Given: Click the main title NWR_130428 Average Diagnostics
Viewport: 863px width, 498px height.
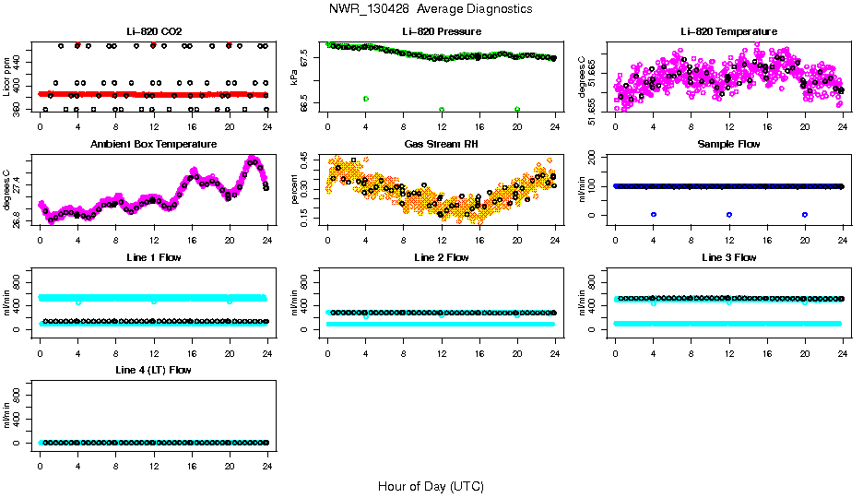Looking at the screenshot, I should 430,9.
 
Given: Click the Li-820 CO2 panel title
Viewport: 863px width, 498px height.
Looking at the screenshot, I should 152,32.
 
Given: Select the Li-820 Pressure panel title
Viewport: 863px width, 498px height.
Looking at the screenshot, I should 440,32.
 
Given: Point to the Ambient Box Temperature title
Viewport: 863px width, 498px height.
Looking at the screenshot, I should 153,145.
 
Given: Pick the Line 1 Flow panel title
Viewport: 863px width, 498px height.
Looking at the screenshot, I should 153,257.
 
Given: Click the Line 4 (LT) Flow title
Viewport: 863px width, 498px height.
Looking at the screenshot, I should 153,370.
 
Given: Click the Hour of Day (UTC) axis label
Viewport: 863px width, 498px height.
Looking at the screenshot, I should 430,486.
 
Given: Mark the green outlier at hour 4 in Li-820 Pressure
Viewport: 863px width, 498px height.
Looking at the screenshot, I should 366,99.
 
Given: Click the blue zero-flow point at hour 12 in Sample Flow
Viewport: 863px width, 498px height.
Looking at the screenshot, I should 729,214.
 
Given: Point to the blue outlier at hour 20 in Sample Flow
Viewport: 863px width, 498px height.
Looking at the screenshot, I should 805,214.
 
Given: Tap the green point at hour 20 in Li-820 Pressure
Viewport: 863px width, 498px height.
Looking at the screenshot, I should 517,109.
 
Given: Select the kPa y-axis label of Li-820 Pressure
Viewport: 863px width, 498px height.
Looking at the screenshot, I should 294,78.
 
